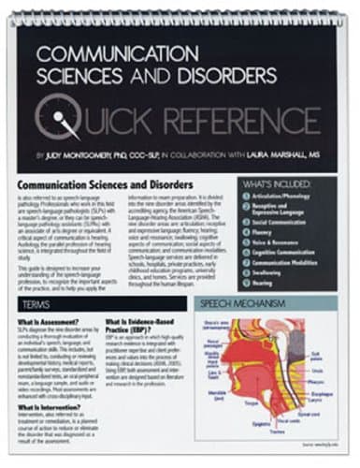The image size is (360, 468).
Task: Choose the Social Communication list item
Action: point(285,223)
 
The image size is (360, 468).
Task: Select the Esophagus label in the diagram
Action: point(326,394)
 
